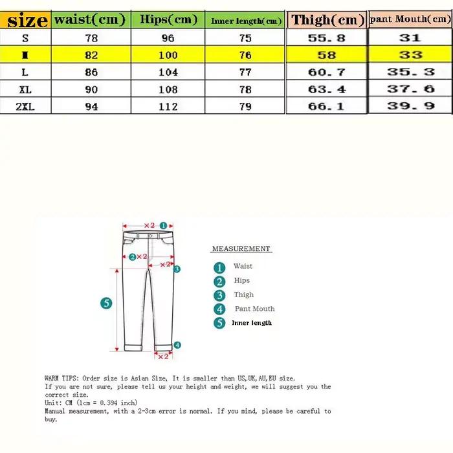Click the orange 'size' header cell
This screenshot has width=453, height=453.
click(x=25, y=20)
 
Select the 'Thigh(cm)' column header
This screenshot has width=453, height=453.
click(x=327, y=20)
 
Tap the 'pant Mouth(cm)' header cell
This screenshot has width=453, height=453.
click(x=410, y=19)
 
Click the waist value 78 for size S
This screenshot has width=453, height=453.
click(x=91, y=38)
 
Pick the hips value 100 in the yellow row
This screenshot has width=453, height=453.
click(x=168, y=55)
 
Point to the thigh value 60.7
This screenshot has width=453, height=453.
click(x=327, y=72)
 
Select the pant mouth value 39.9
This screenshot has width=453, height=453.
click(x=410, y=105)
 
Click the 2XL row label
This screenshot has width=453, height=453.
click(x=25, y=107)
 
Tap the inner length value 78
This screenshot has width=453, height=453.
click(x=245, y=89)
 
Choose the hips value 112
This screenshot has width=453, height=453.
click(x=168, y=107)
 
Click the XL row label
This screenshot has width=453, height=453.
click(x=25, y=89)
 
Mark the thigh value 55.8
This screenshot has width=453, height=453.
click(x=326, y=38)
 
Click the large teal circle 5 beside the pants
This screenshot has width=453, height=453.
click(x=106, y=303)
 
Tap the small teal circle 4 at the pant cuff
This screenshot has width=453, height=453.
click(x=177, y=345)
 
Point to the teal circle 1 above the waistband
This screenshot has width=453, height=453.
click(x=163, y=225)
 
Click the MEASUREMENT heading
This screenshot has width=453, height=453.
click(x=241, y=249)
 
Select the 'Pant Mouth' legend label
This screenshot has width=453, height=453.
click(x=254, y=309)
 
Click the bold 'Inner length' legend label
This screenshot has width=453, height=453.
click(x=252, y=323)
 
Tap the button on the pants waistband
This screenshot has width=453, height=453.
click(x=150, y=236)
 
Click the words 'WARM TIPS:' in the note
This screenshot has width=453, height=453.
click(x=61, y=378)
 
